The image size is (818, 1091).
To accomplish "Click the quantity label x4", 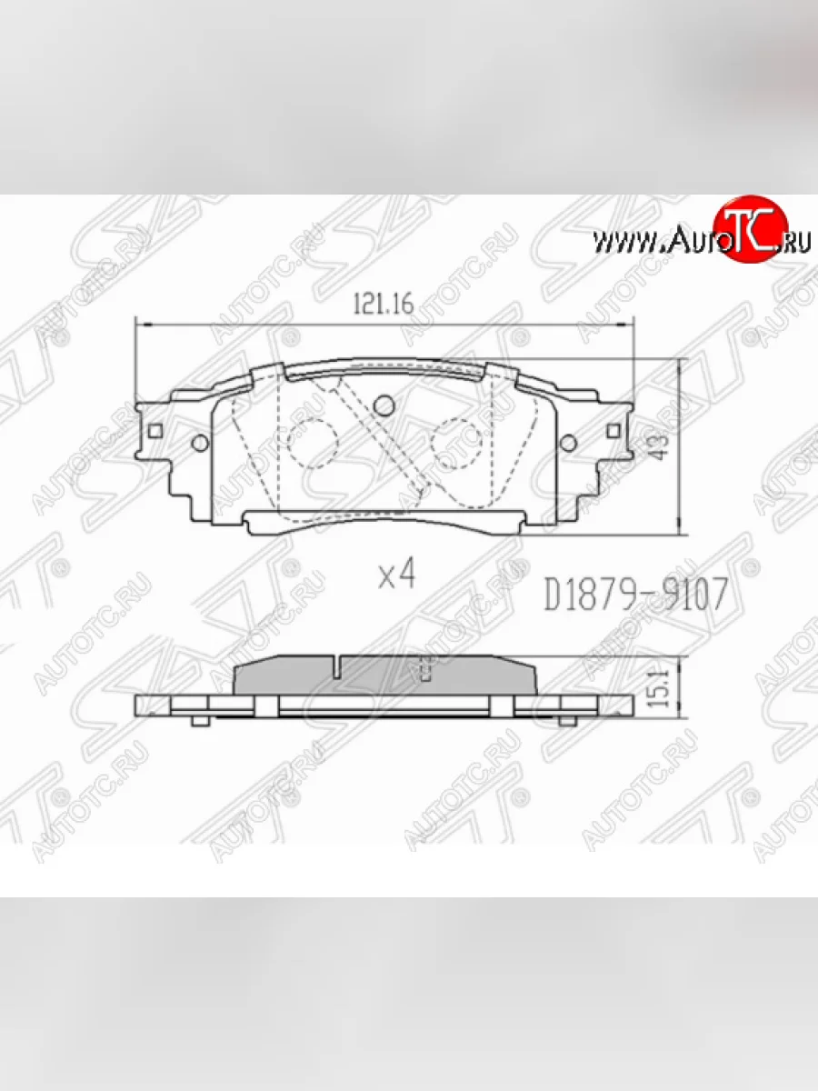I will (395, 574).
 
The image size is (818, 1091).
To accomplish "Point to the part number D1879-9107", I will (635, 596).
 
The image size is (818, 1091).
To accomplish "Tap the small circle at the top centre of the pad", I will (383, 404).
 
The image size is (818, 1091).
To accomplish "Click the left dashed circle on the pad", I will (312, 443).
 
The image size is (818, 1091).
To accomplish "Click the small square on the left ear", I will (155, 430).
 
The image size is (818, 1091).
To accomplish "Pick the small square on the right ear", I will (613, 430).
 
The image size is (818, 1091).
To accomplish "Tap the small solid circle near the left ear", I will (199, 444).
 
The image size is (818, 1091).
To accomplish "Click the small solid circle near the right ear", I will (568, 443).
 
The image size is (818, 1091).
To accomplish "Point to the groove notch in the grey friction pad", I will (336, 668).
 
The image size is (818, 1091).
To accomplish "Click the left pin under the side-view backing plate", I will (200, 721).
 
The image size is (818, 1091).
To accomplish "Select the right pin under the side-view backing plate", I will (567, 721).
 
